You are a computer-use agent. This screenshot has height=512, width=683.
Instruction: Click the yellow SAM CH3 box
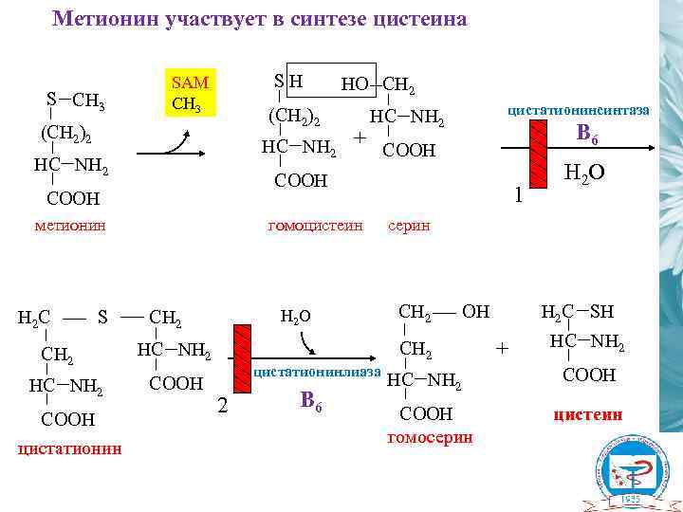pos(192,93)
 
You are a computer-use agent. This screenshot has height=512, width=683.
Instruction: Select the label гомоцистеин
pos(316,226)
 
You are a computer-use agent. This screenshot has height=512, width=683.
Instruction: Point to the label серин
pos(409,226)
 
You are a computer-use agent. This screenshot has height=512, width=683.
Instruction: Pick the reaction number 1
pos(518,196)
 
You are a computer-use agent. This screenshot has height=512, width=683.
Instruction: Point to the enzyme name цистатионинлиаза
pos(317,370)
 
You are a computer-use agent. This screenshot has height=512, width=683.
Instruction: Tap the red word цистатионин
pos(69,448)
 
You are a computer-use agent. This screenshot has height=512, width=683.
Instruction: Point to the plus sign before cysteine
pos(503,350)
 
